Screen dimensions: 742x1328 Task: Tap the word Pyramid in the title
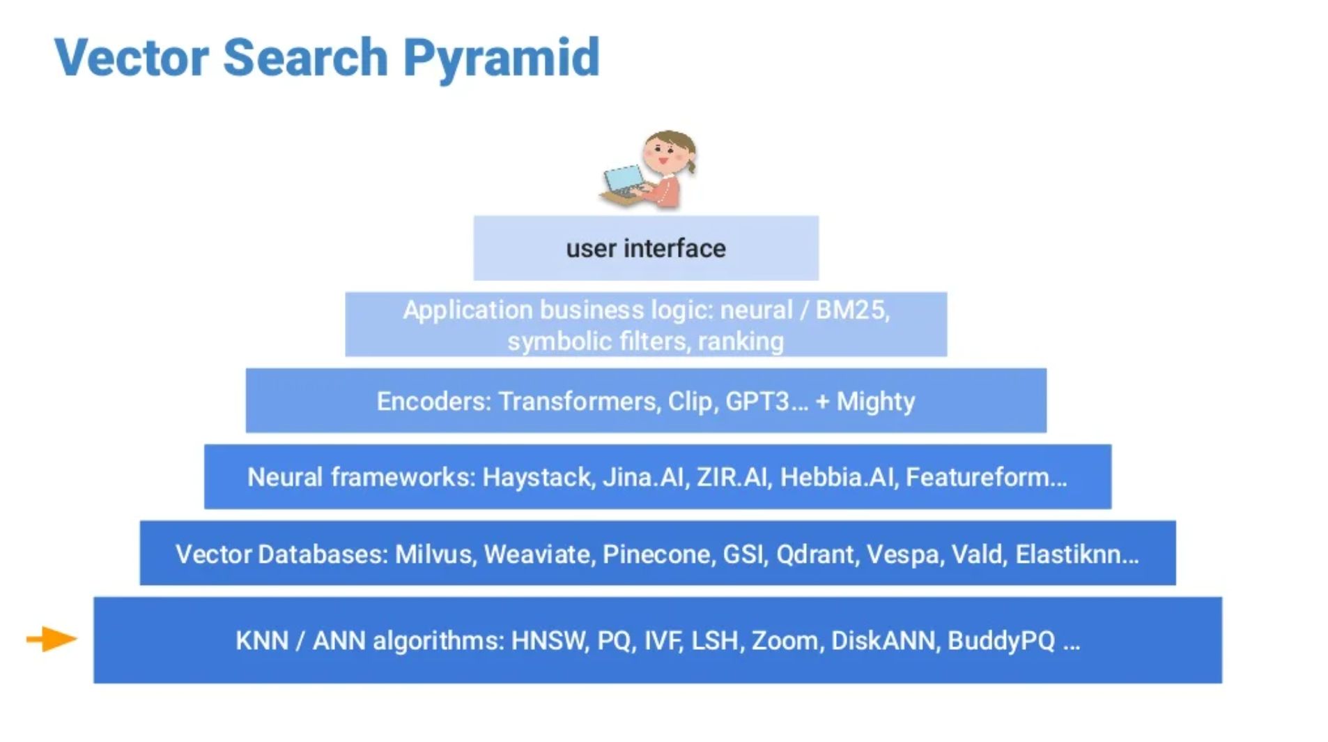coord(501,59)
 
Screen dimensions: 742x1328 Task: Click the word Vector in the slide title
coord(131,57)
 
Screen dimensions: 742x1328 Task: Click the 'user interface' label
coord(645,248)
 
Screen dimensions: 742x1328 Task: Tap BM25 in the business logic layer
coord(851,310)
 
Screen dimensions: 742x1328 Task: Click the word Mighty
coord(875,401)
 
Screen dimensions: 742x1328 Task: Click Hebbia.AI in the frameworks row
coord(836,477)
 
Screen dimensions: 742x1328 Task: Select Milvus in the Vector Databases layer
coord(433,554)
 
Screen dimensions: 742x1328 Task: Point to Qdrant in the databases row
coord(814,554)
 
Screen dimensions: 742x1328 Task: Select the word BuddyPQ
coord(1001,640)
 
